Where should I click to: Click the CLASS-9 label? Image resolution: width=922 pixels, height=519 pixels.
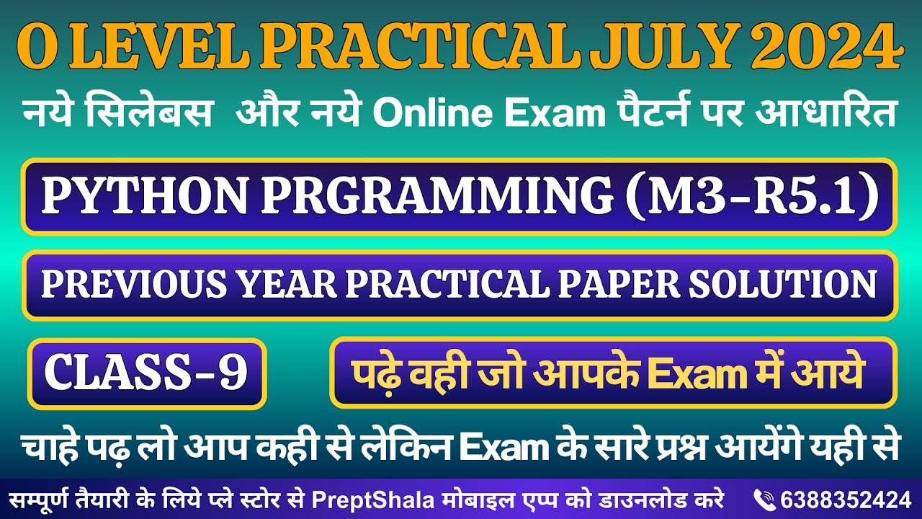pyautogui.click(x=146, y=373)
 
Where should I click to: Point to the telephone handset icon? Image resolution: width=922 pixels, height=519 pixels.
pyautogui.click(x=764, y=499)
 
